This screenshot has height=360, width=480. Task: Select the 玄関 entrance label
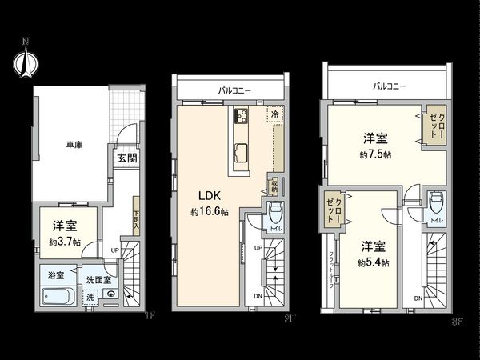[126, 158]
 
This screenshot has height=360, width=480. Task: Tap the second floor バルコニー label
[234, 91]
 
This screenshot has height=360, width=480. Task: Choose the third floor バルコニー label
[389, 85]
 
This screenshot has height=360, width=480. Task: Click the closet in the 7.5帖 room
[434, 124]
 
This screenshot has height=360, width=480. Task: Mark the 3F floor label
[457, 322]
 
